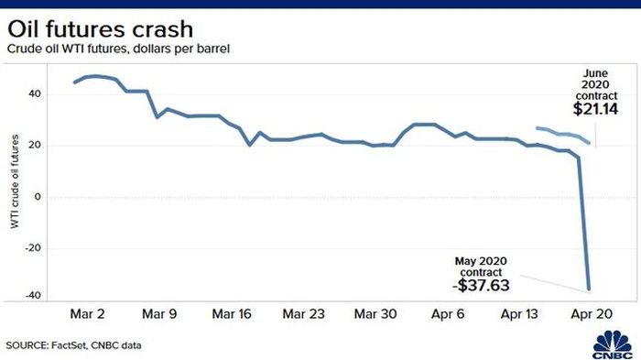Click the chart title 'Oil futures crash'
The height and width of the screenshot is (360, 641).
[100, 29]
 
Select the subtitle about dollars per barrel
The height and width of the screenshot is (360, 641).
[118, 49]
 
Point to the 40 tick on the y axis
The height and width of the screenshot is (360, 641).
[35, 93]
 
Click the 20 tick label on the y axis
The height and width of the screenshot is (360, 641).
[35, 146]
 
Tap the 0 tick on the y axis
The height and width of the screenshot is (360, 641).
[38, 197]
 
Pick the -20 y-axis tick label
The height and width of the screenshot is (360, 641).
[33, 248]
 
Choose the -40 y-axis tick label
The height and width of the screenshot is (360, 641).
[33, 295]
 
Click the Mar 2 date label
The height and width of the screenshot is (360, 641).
[88, 314]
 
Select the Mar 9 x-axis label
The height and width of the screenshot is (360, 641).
[159, 314]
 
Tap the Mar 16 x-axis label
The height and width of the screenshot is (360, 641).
[232, 314]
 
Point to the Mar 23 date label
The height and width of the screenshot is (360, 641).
[304, 314]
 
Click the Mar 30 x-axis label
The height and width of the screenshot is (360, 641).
[375, 314]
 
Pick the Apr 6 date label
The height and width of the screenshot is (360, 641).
[448, 314]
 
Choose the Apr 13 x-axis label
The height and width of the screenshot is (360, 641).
[519, 314]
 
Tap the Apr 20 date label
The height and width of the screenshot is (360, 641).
[592, 314]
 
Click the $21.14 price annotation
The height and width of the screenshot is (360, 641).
[595, 109]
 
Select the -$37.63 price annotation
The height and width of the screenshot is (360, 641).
[481, 285]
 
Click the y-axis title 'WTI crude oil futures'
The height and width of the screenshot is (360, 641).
[15, 181]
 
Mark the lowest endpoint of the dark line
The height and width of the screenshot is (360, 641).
[589, 289]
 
